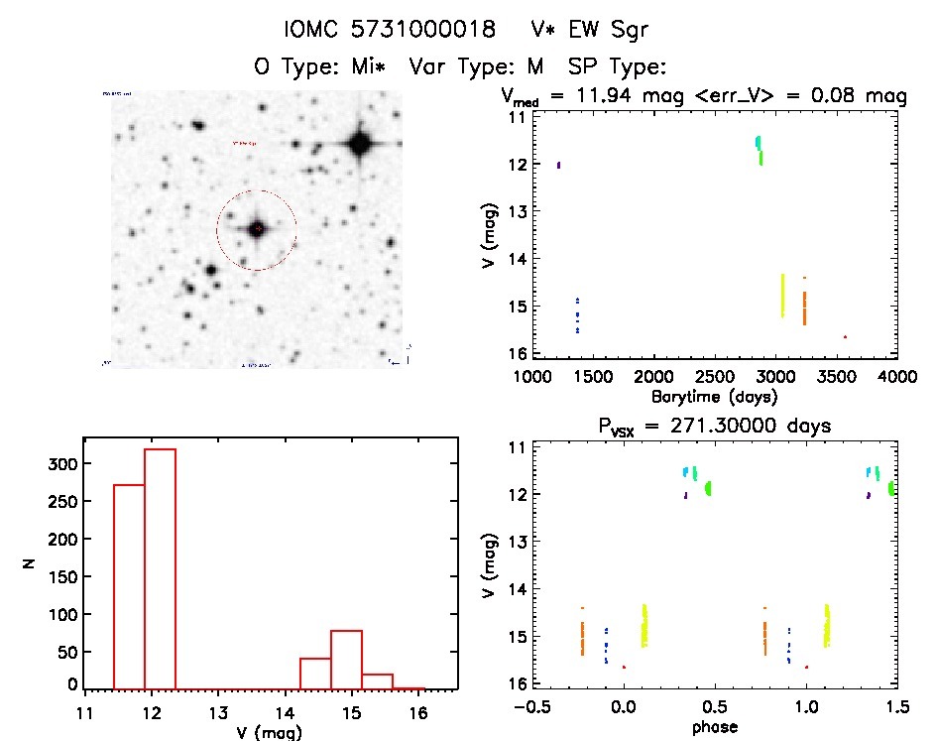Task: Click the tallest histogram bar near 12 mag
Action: [160, 567]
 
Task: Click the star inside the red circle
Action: [257, 229]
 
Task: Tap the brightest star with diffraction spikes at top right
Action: [359, 144]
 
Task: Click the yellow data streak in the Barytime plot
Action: [782, 295]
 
